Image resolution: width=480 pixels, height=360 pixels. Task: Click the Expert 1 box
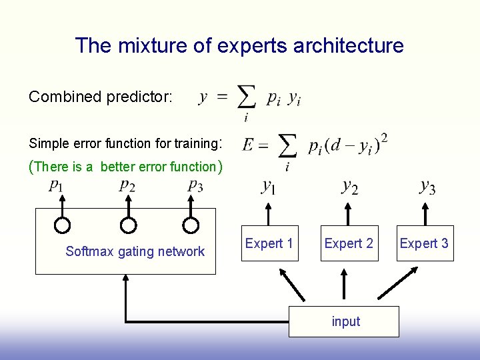269,244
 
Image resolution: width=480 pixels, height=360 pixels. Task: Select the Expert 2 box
348,244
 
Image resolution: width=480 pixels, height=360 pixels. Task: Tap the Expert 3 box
424,244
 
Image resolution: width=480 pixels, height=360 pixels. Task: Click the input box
345,321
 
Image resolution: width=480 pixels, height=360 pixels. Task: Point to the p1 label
57,186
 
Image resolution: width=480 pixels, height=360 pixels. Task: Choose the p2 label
127,186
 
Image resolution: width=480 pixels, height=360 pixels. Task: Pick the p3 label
195,186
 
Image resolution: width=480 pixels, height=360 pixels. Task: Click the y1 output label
269,187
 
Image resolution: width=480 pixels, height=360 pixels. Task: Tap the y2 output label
349,187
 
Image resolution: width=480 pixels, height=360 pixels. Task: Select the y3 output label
427,187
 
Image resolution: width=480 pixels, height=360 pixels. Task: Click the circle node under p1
62,225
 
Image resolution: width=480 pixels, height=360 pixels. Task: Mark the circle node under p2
129,225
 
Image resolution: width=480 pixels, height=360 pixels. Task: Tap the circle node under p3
191,225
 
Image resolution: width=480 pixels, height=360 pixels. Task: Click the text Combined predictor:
101,97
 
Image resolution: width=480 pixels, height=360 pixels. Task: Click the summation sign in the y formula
247,99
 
